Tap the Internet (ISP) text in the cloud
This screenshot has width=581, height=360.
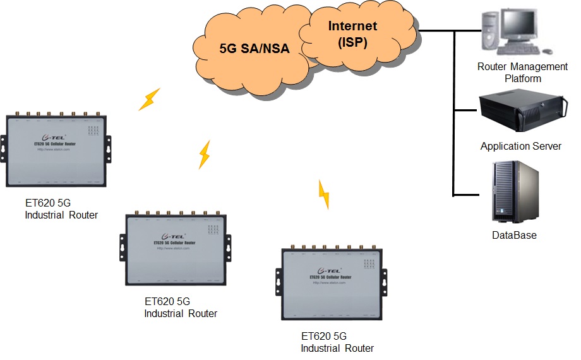[x=352, y=34]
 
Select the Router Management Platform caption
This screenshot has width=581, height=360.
[x=522, y=73]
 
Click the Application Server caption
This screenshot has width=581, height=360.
[x=520, y=146]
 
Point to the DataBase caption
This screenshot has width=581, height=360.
[x=514, y=235]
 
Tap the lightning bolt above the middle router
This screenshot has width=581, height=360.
[x=204, y=154]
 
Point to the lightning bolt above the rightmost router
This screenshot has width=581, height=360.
[x=323, y=194]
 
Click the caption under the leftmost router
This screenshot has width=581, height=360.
[x=61, y=209]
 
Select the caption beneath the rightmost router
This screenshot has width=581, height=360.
[x=337, y=342]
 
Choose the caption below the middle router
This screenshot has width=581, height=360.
[x=181, y=308]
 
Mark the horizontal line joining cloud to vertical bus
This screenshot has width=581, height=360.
[x=436, y=30]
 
